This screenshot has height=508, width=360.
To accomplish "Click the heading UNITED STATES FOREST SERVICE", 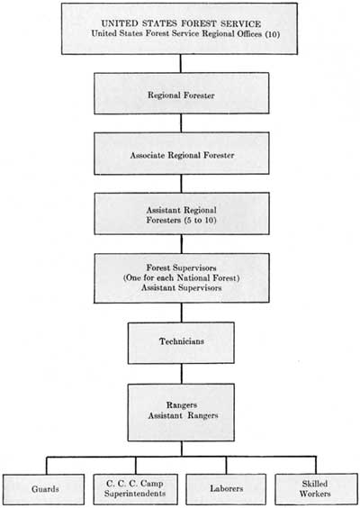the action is [x=181, y=23].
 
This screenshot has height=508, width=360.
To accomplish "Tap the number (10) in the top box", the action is [x=273, y=34].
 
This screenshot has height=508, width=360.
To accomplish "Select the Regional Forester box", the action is [x=181, y=93].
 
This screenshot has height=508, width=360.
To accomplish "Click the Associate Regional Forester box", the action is [x=181, y=153].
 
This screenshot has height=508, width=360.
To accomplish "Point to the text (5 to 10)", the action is [x=200, y=221].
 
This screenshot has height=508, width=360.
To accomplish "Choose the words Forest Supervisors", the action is [x=181, y=268].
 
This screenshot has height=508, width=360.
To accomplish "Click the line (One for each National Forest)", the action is [x=181, y=278].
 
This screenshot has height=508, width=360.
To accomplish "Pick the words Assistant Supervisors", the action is [x=181, y=287].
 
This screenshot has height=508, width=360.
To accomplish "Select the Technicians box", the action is [x=181, y=343].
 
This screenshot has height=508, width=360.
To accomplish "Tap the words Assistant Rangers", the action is [x=183, y=415].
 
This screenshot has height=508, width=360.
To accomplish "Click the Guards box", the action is [x=44, y=489].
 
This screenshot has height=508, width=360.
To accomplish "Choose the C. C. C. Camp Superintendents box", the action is [x=135, y=489].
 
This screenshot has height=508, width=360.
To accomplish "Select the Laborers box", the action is [x=226, y=489].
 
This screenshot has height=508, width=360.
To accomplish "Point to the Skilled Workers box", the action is [x=316, y=489].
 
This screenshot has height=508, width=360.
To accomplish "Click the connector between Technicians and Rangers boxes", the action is [x=181, y=374].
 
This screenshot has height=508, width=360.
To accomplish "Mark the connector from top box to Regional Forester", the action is [x=181, y=63].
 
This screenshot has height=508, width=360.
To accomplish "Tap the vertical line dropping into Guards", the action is [x=46, y=466].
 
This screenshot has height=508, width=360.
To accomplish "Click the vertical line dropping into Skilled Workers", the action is [x=316, y=466].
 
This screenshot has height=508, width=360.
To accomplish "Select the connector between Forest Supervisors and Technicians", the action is [x=181, y=313].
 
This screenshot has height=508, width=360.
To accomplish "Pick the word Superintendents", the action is [x=135, y=494].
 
